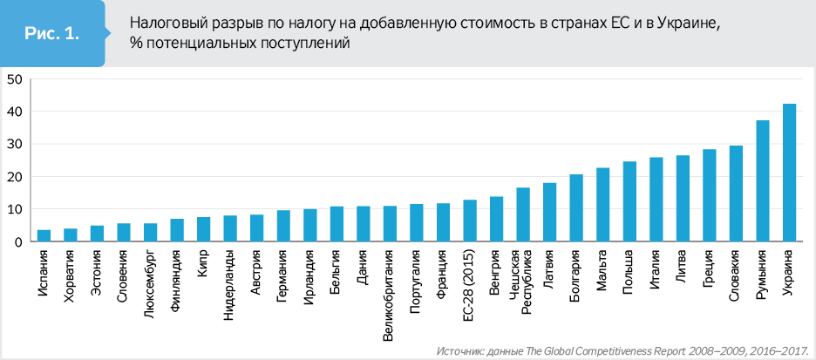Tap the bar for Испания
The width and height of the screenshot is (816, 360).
[44, 235]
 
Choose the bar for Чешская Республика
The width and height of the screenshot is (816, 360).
[523, 214]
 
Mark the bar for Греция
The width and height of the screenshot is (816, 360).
[709, 195]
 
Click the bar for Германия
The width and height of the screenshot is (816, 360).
[283, 226]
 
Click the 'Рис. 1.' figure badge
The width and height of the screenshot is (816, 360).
[52, 34]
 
